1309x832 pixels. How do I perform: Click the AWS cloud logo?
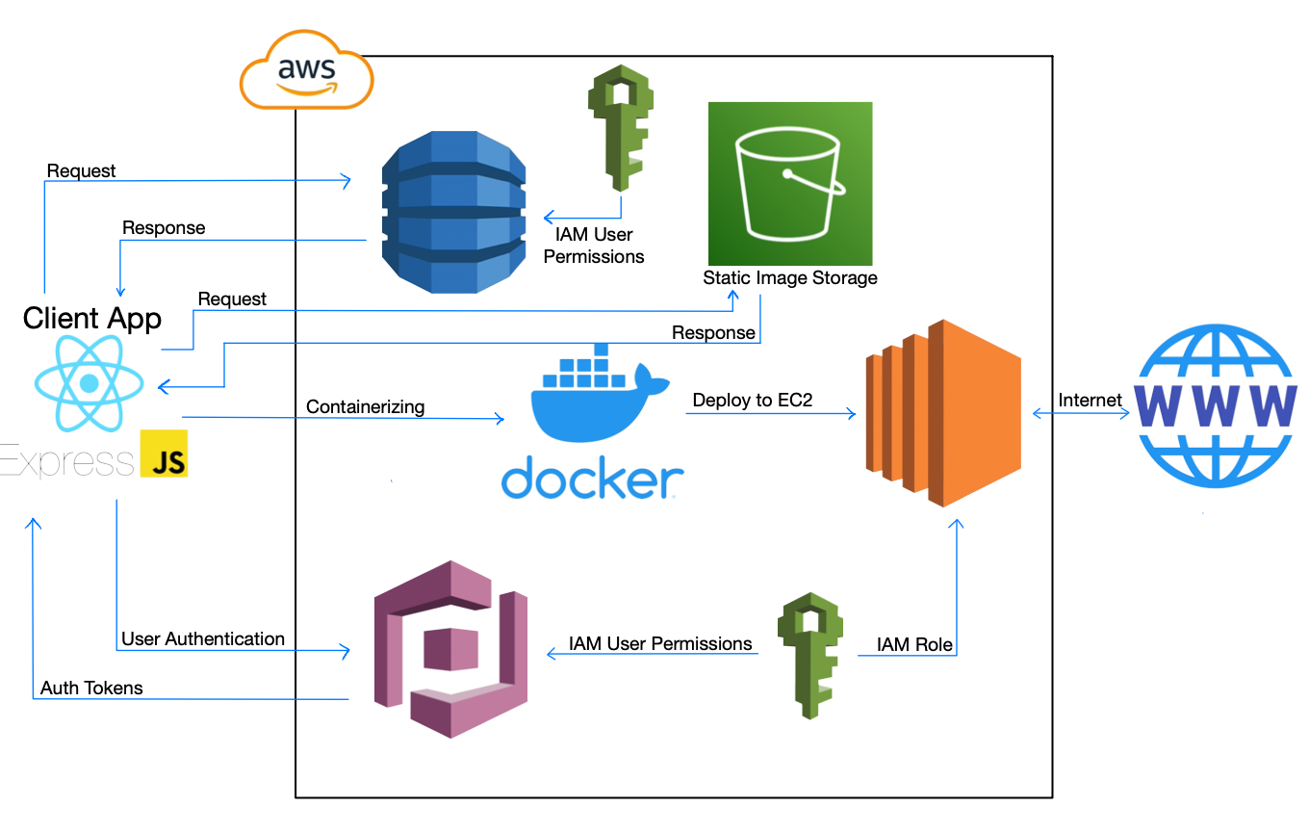[x=306, y=71]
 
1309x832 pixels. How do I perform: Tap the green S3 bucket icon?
[x=789, y=183]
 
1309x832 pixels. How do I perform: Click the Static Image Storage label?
[x=789, y=278]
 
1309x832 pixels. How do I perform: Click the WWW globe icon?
[x=1215, y=404]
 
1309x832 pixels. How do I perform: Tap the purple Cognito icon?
[x=450, y=649]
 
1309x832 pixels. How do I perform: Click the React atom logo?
[x=90, y=383]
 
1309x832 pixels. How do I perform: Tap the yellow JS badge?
[x=164, y=454]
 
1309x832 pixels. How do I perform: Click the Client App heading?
[x=92, y=318]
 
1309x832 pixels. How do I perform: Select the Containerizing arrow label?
[x=365, y=407]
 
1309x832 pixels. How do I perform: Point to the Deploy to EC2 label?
[x=752, y=400]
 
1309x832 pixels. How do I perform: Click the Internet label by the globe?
[x=1090, y=400]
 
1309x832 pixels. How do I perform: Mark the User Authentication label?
[x=203, y=638]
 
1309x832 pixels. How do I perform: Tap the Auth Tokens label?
[x=91, y=688]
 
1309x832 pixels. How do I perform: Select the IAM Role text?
[x=914, y=644]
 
